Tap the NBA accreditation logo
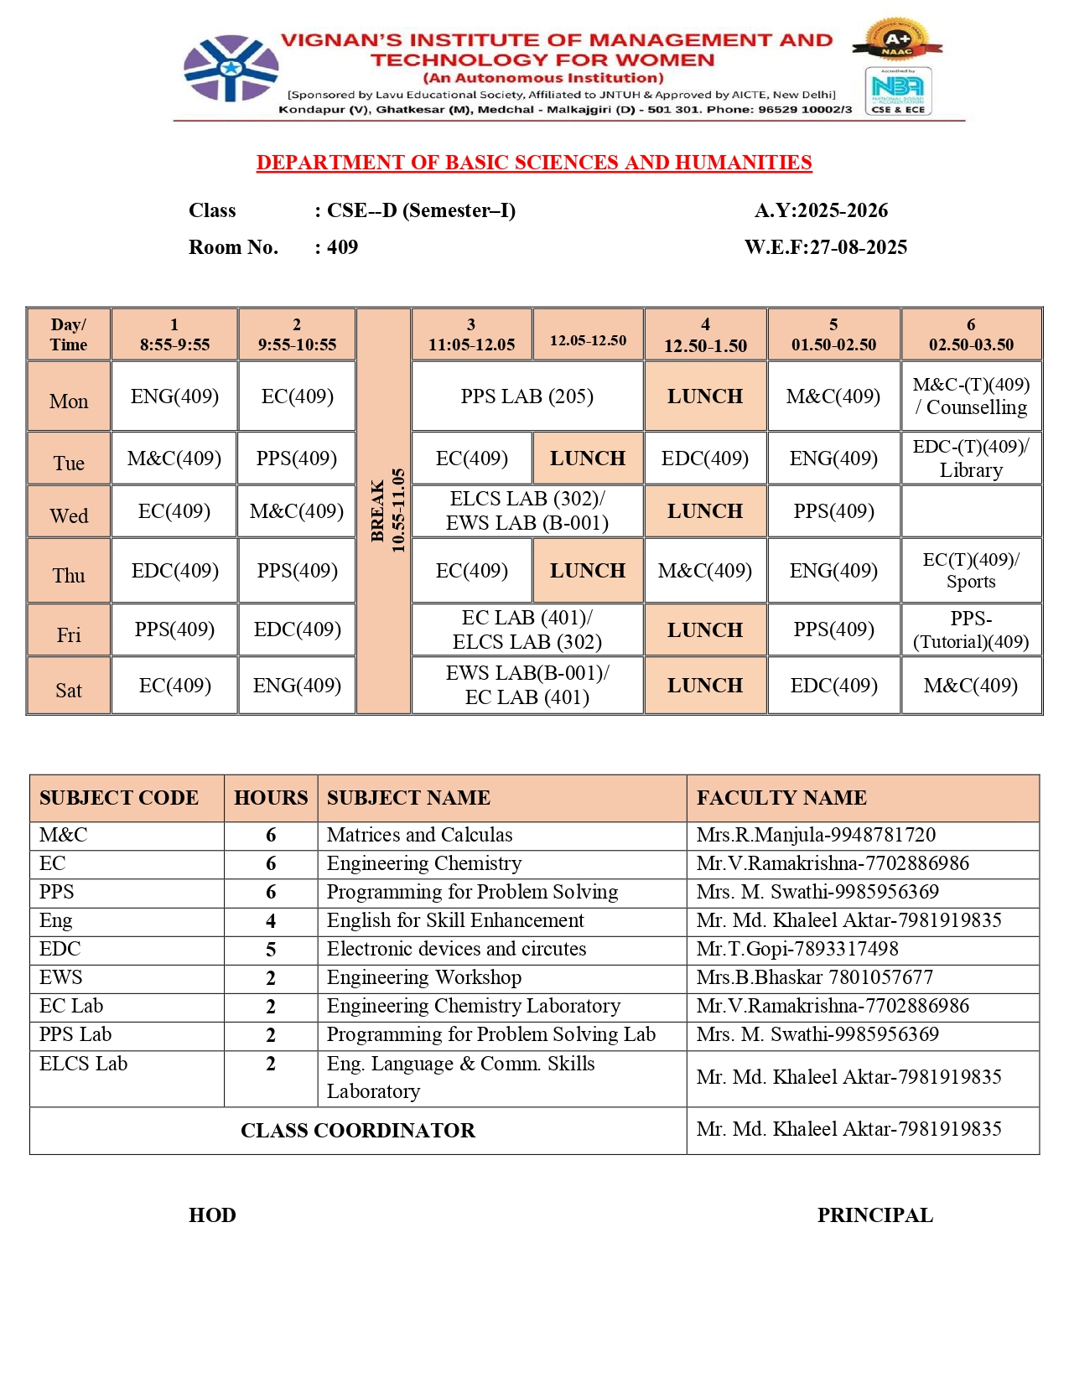click(898, 91)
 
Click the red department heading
click(534, 163)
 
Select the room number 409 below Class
click(342, 247)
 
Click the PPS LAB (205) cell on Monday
click(527, 396)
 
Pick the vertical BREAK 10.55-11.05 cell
click(384, 510)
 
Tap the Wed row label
click(69, 516)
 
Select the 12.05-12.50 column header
click(588, 340)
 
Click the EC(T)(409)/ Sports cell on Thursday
click(971, 571)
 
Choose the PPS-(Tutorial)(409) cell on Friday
click(971, 630)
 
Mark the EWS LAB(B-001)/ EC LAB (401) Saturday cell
click(527, 686)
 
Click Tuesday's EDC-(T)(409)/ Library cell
click(971, 458)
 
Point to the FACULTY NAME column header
click(781, 798)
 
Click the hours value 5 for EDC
click(271, 950)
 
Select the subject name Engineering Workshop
click(423, 977)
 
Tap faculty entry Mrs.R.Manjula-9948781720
click(815, 835)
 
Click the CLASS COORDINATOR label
click(358, 1131)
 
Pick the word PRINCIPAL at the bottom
click(874, 1215)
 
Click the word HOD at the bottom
click(212, 1215)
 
